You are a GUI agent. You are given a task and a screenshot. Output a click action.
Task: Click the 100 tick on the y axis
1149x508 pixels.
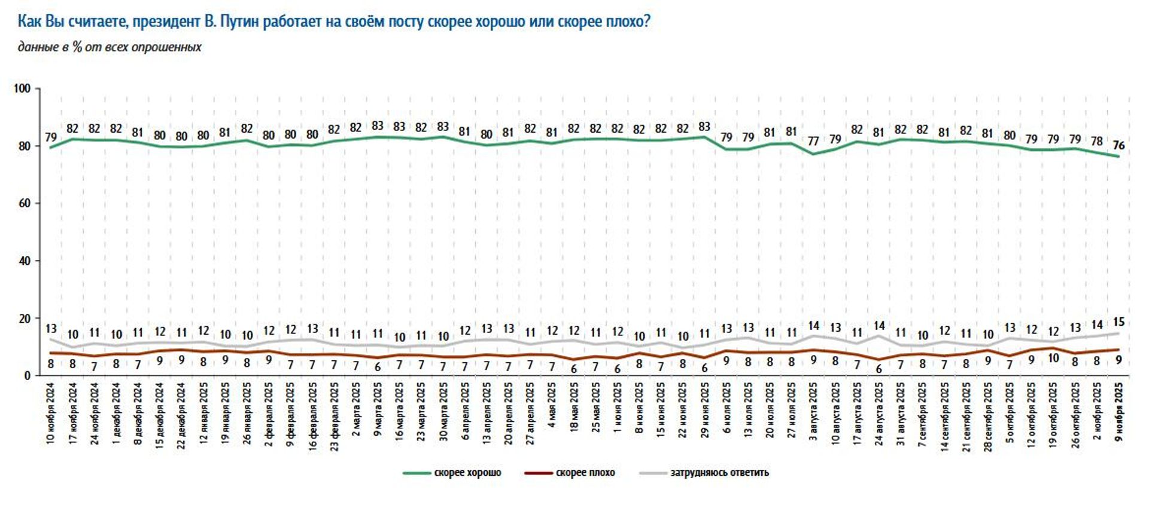point(22,88)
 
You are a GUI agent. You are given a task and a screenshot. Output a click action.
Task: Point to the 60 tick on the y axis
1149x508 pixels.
point(24,203)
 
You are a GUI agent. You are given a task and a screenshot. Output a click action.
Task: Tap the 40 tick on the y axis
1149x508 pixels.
point(24,261)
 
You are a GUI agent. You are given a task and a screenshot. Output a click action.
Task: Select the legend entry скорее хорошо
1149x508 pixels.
point(452,473)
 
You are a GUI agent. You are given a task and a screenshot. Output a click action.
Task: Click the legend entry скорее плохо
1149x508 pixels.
point(570,473)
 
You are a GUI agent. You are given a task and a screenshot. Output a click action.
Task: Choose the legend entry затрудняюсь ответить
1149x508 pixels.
point(704,473)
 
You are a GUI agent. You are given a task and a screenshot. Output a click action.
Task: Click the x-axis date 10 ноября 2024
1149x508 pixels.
point(50,412)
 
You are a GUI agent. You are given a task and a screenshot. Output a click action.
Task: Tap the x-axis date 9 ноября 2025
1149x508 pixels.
point(1118,412)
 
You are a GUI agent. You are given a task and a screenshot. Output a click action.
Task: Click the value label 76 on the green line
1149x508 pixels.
point(1118,145)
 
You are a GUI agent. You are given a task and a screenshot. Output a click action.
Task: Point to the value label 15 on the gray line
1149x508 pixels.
point(1118,322)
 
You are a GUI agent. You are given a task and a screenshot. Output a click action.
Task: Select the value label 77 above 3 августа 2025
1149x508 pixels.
point(813,142)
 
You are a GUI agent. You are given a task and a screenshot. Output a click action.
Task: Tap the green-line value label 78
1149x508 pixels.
point(1096,142)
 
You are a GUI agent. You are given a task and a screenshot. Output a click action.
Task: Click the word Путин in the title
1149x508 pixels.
point(239,23)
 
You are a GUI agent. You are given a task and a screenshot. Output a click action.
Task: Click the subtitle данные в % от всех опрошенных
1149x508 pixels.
point(110,47)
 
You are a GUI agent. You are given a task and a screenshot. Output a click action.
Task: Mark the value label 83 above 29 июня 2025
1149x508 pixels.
point(704,127)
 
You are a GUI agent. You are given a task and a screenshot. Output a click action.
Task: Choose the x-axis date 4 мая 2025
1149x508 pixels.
point(552,405)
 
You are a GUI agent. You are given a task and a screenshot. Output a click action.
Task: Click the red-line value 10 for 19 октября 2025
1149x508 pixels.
point(1053,359)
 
